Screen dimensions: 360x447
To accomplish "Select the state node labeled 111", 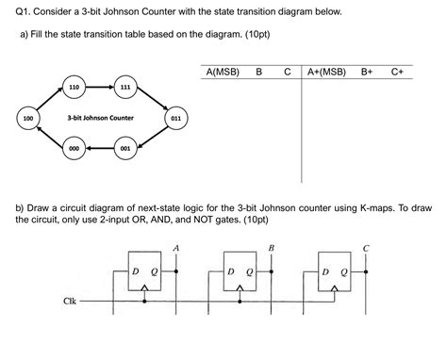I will click(124, 88).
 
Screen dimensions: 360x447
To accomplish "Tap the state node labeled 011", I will click(175, 119).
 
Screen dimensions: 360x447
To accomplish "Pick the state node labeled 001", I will click(124, 149).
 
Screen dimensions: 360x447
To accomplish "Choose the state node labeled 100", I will click(27, 119).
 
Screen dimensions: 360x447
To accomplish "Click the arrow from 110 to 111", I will click(99, 88).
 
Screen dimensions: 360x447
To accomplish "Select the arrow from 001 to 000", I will click(99, 149).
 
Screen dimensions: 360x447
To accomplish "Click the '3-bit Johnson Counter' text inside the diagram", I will click(100, 119).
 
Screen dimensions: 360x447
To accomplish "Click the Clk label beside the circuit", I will click(69, 302).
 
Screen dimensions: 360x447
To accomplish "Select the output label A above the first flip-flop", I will click(175, 248).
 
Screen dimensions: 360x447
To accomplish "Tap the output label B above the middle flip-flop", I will click(272, 248).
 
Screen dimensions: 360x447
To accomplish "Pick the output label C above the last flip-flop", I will click(367, 248).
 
